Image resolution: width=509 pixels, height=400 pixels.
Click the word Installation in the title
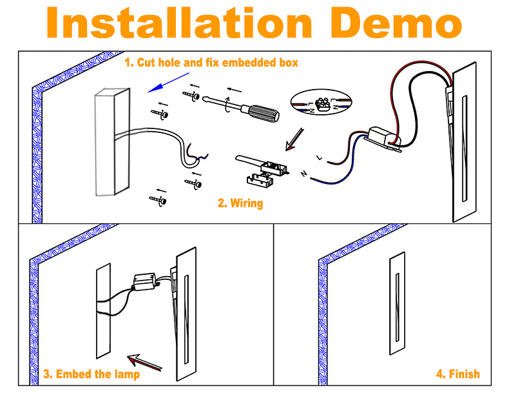coord(180,23)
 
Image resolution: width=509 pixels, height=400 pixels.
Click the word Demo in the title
coord(396,23)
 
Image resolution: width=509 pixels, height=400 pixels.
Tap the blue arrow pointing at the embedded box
coord(168,83)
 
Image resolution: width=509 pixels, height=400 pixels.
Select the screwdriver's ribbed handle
coord(264,113)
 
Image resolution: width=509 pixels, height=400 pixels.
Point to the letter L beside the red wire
coord(320,157)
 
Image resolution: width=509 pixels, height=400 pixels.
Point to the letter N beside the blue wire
coord(304,174)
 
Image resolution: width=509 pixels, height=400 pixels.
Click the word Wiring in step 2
coord(246,203)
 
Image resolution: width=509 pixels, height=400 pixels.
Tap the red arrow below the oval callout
coord(294,139)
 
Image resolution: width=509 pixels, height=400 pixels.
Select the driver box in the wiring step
coord(384,137)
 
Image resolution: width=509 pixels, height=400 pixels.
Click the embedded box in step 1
coord(112,142)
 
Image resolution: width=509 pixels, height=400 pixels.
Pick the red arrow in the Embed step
coord(144,363)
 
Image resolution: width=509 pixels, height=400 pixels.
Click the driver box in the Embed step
coord(145,282)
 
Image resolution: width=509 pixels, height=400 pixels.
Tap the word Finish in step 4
coord(464,374)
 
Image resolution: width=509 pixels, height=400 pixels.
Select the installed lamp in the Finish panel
coord(398,303)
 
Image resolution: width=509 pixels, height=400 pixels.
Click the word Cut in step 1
coord(146,63)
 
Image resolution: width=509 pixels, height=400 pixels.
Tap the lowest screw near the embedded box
coord(158,200)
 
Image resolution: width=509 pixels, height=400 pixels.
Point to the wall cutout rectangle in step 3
coord(104,311)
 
